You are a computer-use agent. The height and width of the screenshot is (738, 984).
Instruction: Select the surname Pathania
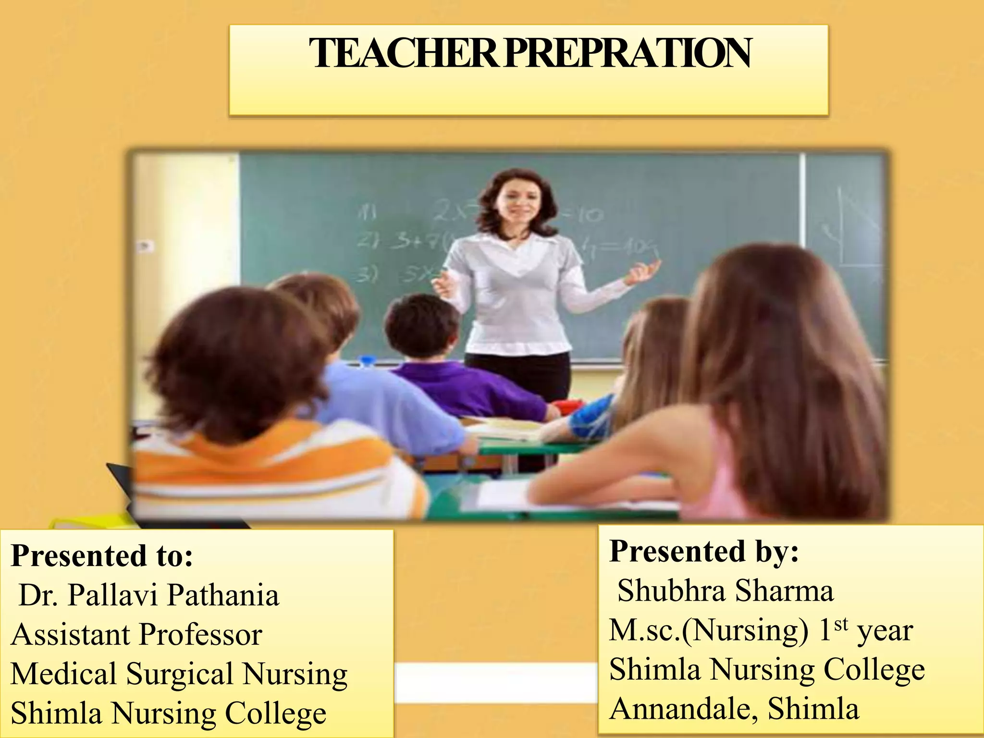point(223,595)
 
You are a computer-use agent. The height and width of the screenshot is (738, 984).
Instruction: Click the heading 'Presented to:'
point(102,556)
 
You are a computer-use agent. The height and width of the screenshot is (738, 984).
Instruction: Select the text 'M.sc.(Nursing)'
point(709,630)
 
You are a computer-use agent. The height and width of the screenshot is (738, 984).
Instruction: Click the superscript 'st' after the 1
point(841,624)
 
